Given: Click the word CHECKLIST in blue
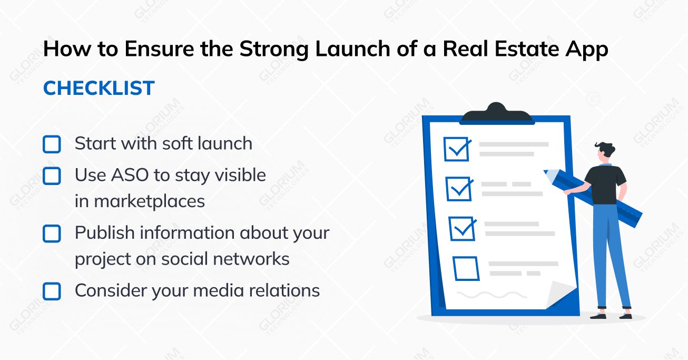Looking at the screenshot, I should click(x=99, y=89).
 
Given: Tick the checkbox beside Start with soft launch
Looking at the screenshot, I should click(x=52, y=144).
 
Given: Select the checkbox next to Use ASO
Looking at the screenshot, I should click(x=52, y=176).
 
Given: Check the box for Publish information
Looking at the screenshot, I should click(x=52, y=233).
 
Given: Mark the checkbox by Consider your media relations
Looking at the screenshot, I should click(x=52, y=291).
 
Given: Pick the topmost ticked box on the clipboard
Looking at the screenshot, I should click(x=456, y=150).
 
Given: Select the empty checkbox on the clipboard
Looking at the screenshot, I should click(x=466, y=269).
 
